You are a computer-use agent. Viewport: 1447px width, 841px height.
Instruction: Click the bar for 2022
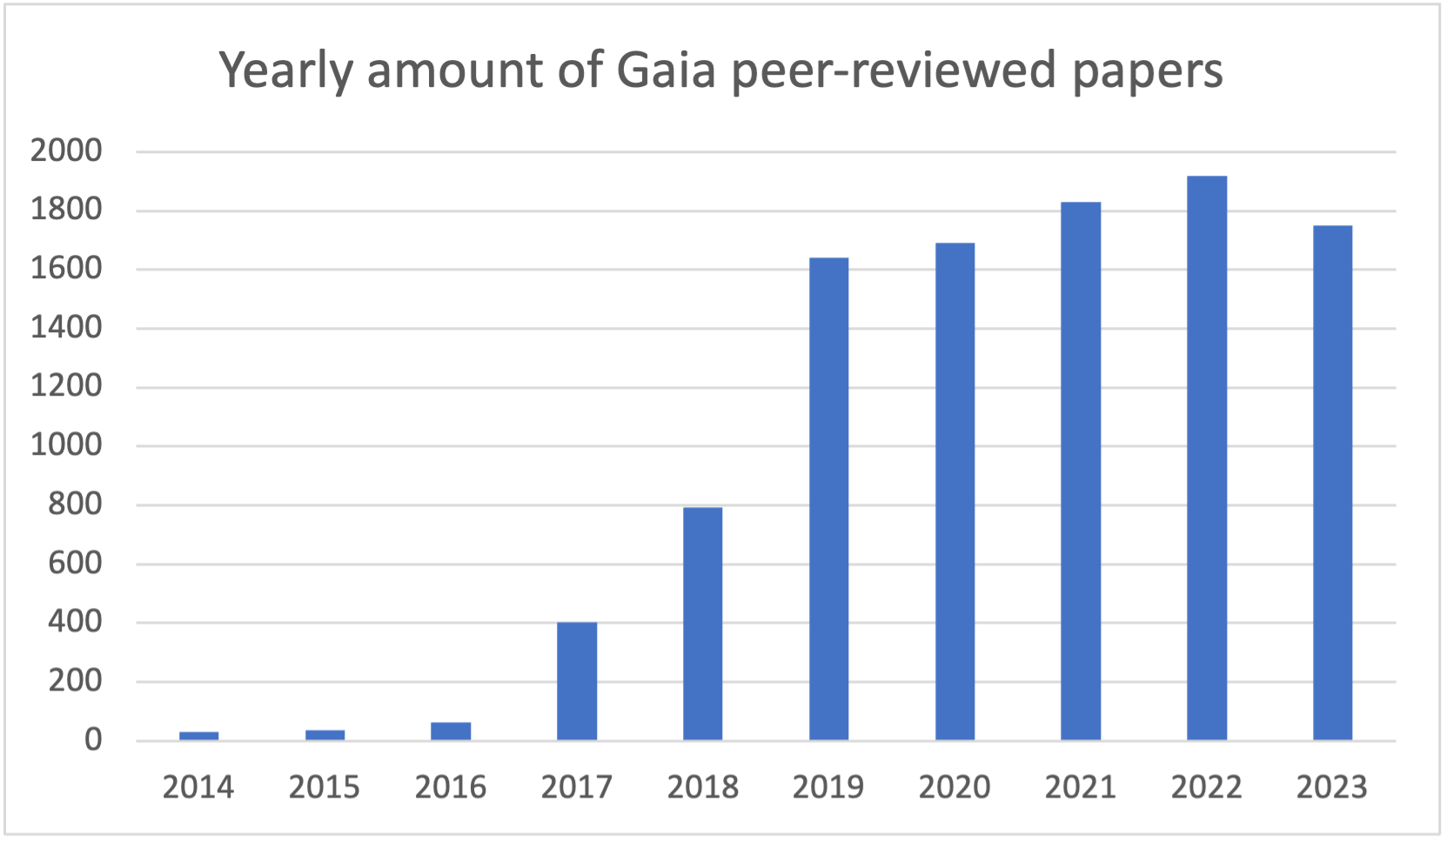click(x=1207, y=458)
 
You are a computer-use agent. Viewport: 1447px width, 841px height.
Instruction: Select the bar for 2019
click(x=828, y=499)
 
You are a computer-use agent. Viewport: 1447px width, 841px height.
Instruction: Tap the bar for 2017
click(x=577, y=681)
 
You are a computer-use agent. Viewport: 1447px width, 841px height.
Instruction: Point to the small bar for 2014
click(x=199, y=736)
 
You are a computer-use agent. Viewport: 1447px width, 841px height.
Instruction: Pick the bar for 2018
click(x=702, y=624)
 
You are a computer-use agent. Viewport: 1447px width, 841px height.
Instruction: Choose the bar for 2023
click(x=1332, y=483)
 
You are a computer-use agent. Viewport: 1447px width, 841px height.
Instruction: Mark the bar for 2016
click(x=451, y=731)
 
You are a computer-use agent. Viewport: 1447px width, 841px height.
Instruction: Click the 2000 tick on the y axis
click(x=66, y=151)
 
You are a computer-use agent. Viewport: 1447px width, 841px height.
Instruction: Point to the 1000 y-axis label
click(x=66, y=445)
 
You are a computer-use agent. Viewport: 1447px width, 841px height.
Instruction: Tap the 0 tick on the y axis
click(x=92, y=740)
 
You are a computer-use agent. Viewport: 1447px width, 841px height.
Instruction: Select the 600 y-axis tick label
click(x=75, y=564)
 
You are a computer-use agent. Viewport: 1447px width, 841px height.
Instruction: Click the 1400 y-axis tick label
click(x=66, y=328)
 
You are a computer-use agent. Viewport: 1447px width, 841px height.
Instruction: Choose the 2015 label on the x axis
click(x=325, y=788)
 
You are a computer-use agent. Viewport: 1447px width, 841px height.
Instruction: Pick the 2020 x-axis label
click(x=955, y=788)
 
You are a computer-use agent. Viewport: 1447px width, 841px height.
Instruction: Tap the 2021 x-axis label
click(x=1080, y=788)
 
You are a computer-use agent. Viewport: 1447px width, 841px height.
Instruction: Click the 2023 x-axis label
click(x=1332, y=788)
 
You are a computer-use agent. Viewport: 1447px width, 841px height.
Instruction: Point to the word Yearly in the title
click(x=285, y=71)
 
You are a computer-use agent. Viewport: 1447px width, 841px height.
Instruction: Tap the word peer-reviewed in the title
click(x=894, y=71)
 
